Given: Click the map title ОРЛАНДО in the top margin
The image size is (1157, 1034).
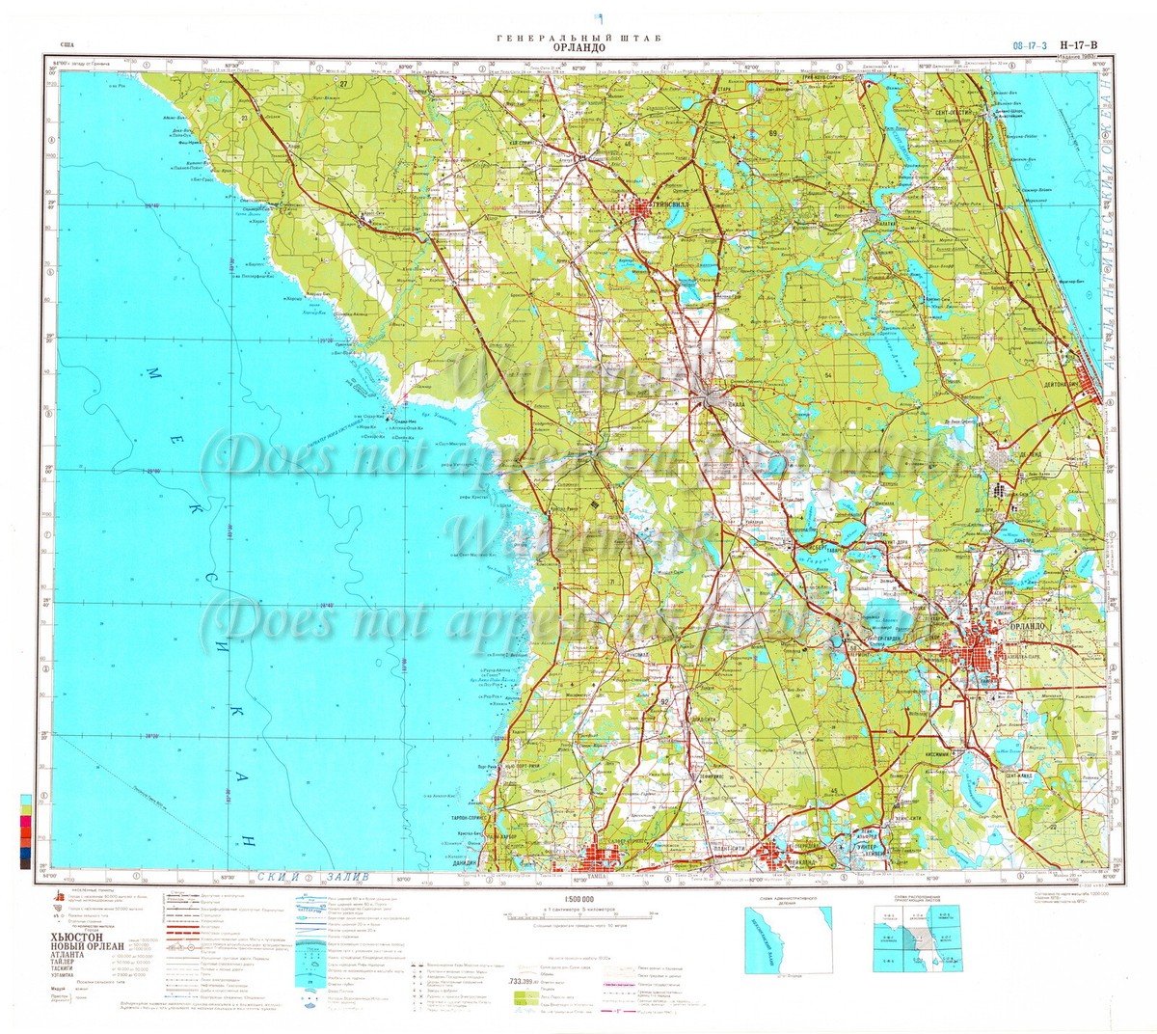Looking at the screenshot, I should click(x=578, y=45).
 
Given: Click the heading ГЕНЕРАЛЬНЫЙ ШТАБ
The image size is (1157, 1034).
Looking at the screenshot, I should click(x=578, y=36).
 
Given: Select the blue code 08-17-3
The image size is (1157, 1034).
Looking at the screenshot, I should click(x=1031, y=44).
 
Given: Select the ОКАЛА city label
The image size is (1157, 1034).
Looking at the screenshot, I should click(x=735, y=405).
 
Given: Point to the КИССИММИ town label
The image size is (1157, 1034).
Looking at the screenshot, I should click(x=965, y=750).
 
